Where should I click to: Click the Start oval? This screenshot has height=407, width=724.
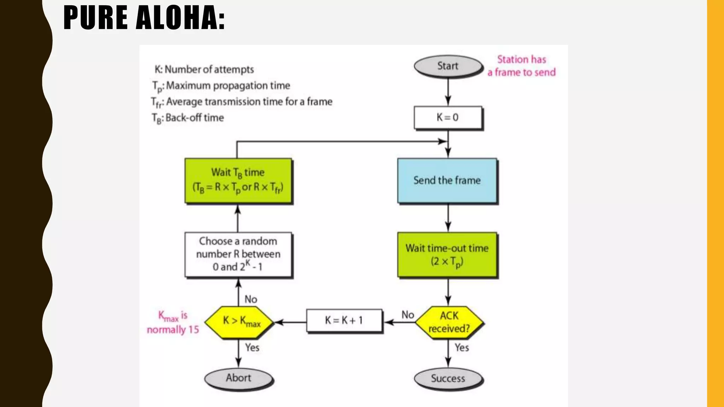pos(448,66)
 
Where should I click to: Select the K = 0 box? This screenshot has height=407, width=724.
pos(448,117)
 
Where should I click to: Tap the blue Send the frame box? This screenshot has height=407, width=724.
pos(447,181)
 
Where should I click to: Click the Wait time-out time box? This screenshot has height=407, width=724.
pos(447,255)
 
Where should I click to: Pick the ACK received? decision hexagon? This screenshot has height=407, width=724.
pos(449,322)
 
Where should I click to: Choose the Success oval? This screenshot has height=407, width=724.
pos(448,378)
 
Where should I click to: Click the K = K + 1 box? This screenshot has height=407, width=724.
pos(344,321)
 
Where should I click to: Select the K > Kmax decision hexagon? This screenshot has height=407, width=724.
pos(239,322)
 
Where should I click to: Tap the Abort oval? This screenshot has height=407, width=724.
pos(239,378)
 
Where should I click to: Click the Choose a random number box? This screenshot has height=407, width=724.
pos(238,254)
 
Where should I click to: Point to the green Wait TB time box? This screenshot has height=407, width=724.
pos(238,181)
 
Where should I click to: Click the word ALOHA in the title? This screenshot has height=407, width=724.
pos(180,18)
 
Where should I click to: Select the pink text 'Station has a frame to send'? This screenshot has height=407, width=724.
pos(521,66)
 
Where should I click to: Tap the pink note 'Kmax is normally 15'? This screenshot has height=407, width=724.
pos(173,323)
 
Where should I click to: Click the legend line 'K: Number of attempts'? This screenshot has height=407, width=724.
pos(204,70)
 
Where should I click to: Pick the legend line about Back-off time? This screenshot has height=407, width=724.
pos(188,118)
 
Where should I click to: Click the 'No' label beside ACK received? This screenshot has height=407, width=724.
pos(408,315)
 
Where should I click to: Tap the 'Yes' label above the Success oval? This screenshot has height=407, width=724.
pos(462,348)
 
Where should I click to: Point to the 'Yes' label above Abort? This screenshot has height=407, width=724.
pos(252,348)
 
